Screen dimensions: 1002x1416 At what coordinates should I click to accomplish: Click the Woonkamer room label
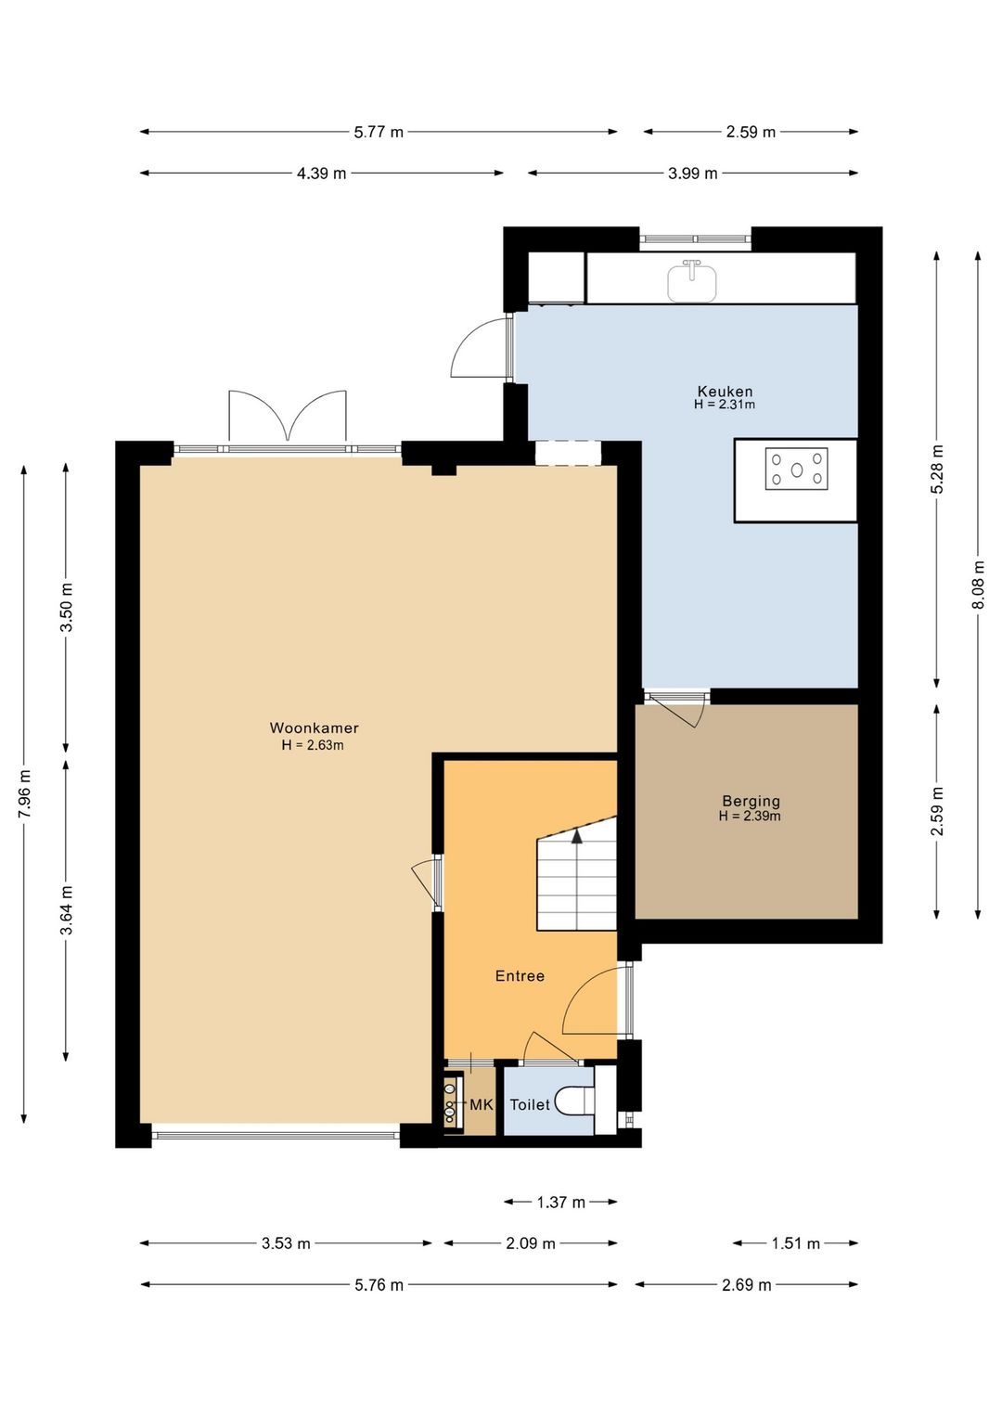click(x=314, y=727)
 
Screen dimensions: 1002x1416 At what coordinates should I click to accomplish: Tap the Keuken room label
click(x=725, y=391)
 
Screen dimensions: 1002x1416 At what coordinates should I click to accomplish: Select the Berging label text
click(x=751, y=802)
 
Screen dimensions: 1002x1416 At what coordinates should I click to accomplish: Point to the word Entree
click(x=520, y=976)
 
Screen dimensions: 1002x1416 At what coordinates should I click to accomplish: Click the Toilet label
click(x=530, y=1105)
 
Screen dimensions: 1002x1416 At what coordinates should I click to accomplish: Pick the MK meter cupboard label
click(x=482, y=1105)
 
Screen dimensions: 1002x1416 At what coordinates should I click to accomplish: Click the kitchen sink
click(x=692, y=280)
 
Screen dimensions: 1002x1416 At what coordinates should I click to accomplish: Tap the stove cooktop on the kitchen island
click(x=797, y=469)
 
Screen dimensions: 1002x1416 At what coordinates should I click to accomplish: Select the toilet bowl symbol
click(x=574, y=1101)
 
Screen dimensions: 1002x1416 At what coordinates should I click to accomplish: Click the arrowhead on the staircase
click(x=576, y=836)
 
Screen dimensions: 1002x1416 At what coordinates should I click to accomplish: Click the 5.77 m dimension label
click(x=378, y=132)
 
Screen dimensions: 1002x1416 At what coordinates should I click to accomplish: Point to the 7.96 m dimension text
click(x=24, y=794)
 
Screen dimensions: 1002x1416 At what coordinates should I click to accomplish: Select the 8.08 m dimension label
click(x=978, y=585)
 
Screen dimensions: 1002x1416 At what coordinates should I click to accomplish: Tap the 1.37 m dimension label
click(x=560, y=1202)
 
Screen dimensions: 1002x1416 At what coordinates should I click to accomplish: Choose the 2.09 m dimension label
click(x=531, y=1243)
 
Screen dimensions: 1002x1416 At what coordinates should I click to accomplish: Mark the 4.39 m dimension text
click(x=322, y=174)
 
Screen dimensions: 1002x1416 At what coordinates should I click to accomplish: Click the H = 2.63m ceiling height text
click(x=313, y=745)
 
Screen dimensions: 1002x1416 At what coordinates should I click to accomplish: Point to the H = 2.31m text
click(x=725, y=405)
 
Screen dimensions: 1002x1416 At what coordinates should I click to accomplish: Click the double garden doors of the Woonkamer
click(x=287, y=418)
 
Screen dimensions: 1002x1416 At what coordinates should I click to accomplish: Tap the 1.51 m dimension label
click(x=795, y=1243)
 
